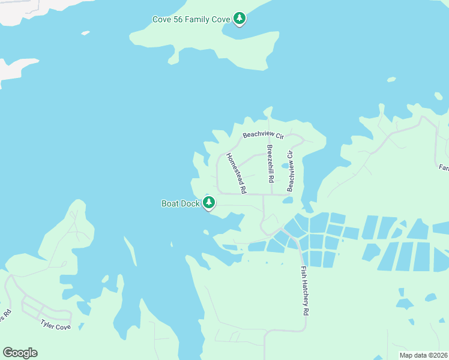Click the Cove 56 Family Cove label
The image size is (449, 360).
click(191, 20)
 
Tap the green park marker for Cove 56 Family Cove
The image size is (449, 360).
click(240, 19)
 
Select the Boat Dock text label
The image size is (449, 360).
click(180, 203)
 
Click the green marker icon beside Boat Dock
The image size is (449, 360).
click(209, 203)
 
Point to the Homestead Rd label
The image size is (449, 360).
click(237, 173)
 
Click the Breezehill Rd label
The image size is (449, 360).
click(271, 163)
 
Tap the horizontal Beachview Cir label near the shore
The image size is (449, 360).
click(262, 136)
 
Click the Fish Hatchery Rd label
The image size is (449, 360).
click(305, 291)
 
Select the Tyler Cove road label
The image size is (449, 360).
click(55, 325)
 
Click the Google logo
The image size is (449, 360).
click(20, 353)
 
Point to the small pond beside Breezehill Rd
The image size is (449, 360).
click(285, 166)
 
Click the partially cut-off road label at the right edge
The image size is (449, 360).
click(444, 167)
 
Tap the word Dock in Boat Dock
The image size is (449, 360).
click(191, 203)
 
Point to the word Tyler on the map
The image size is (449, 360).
click(48, 324)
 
